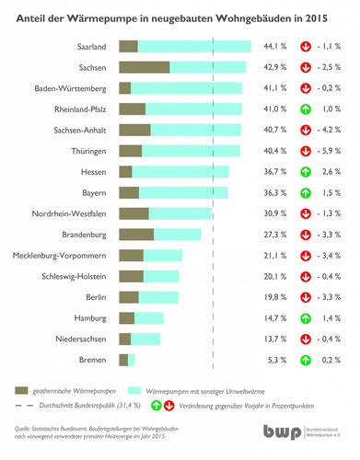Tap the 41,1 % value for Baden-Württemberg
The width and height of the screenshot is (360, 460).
(276, 88)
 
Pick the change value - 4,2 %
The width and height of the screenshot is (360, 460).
(330, 130)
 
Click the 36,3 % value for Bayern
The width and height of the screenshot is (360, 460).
(276, 192)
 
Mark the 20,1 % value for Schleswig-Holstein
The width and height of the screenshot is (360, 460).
(276, 276)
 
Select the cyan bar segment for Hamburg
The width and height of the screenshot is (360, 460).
(151, 318)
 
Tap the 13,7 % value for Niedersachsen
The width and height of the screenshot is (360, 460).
(276, 339)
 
